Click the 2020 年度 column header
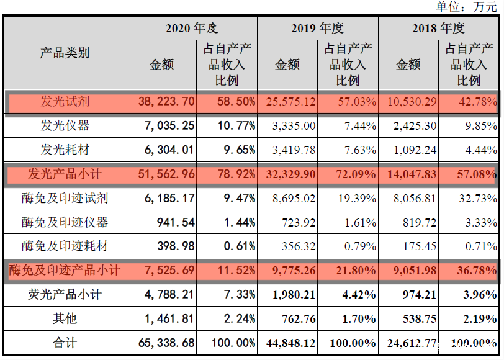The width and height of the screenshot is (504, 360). point(192,29)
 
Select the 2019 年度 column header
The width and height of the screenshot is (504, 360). point(317,29)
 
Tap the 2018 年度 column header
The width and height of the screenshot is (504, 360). point(438,29)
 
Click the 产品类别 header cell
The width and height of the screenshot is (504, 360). point(65,53)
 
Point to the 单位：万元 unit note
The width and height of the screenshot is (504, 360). point(466,7)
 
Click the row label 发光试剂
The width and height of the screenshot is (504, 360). point(65,102)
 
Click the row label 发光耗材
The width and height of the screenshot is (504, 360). point(65,150)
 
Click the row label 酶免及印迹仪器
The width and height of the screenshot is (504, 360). point(65,222)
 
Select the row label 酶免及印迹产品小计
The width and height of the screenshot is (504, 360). point(65,271)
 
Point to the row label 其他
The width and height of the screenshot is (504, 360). point(65,318)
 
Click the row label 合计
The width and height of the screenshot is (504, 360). point(65,343)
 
